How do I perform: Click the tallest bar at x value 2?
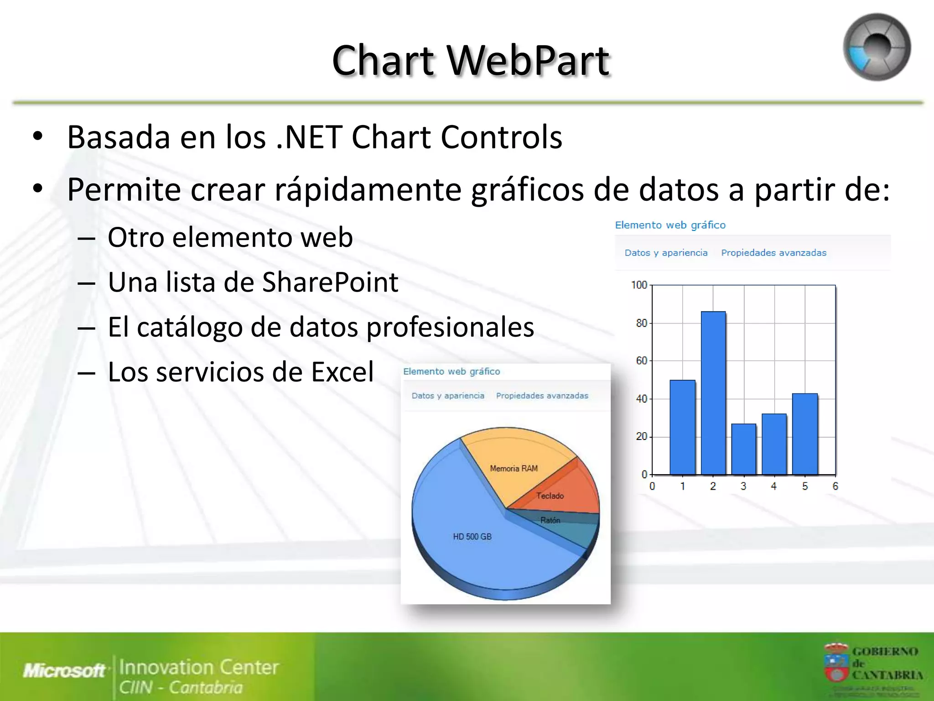(713, 392)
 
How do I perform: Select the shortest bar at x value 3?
(743, 449)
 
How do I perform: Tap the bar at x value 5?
(805, 434)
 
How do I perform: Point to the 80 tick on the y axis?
(641, 323)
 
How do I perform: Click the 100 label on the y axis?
(639, 285)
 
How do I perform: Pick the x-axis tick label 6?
(835, 487)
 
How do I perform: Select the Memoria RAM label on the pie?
(514, 469)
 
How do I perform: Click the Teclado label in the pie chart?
(550, 496)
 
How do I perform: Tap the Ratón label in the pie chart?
(550, 520)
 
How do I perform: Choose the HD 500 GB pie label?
(472, 537)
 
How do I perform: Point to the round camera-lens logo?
(877, 47)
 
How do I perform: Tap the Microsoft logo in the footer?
(64, 670)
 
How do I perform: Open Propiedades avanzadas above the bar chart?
(773, 253)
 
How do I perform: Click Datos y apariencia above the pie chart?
(448, 396)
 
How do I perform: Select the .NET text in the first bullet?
(309, 137)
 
